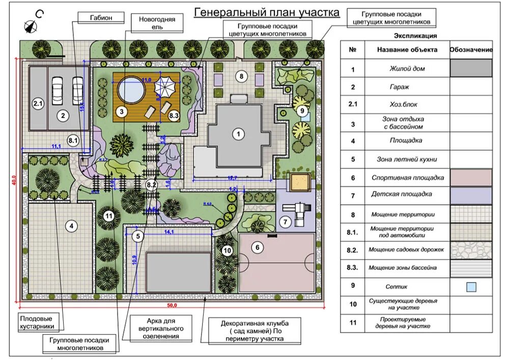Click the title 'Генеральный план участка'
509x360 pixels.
point(267,12)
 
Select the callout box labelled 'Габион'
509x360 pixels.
point(101,17)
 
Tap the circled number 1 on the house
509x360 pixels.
point(237,134)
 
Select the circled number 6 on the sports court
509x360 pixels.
point(258,247)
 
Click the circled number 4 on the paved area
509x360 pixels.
point(72,226)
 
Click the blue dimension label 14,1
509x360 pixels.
point(169,232)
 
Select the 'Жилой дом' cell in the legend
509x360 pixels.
point(407,68)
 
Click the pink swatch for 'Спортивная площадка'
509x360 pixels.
point(471,178)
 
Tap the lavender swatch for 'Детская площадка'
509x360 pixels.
point(471,195)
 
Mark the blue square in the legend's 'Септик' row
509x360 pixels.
point(471,287)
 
